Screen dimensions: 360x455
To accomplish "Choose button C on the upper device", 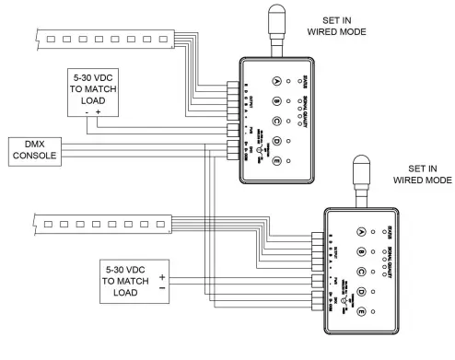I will pos(274,121).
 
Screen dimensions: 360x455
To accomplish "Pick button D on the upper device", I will pos(274,141).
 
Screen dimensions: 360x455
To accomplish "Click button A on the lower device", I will pos(360,233).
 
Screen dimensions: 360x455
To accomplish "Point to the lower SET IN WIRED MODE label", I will pos(423,175).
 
